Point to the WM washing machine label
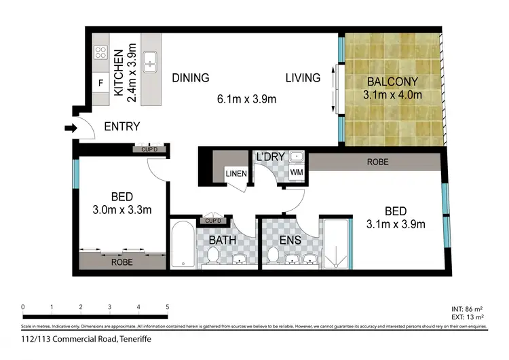pos(296,173)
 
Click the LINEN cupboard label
pos(236,174)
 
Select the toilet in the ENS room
pos(274,255)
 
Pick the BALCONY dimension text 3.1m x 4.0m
pos(394,95)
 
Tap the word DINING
pos(190,78)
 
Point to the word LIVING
pos(302,78)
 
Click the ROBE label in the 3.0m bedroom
pos(122,262)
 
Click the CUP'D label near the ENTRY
pos(149,149)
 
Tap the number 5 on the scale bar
pos(167,307)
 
